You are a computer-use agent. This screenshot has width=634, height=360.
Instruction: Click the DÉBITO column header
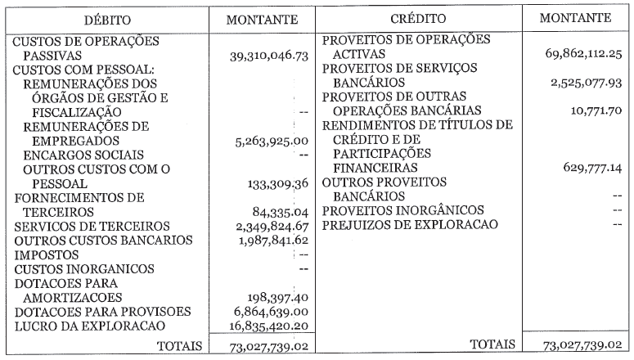tap(105, 19)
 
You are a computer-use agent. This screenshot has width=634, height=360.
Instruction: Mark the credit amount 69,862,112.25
tap(582, 53)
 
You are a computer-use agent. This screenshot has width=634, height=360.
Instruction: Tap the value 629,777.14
tap(591, 168)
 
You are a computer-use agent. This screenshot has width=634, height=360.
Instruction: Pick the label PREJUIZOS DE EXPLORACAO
tap(411, 225)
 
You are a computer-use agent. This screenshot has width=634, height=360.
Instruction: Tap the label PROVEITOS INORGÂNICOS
tap(402, 211)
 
